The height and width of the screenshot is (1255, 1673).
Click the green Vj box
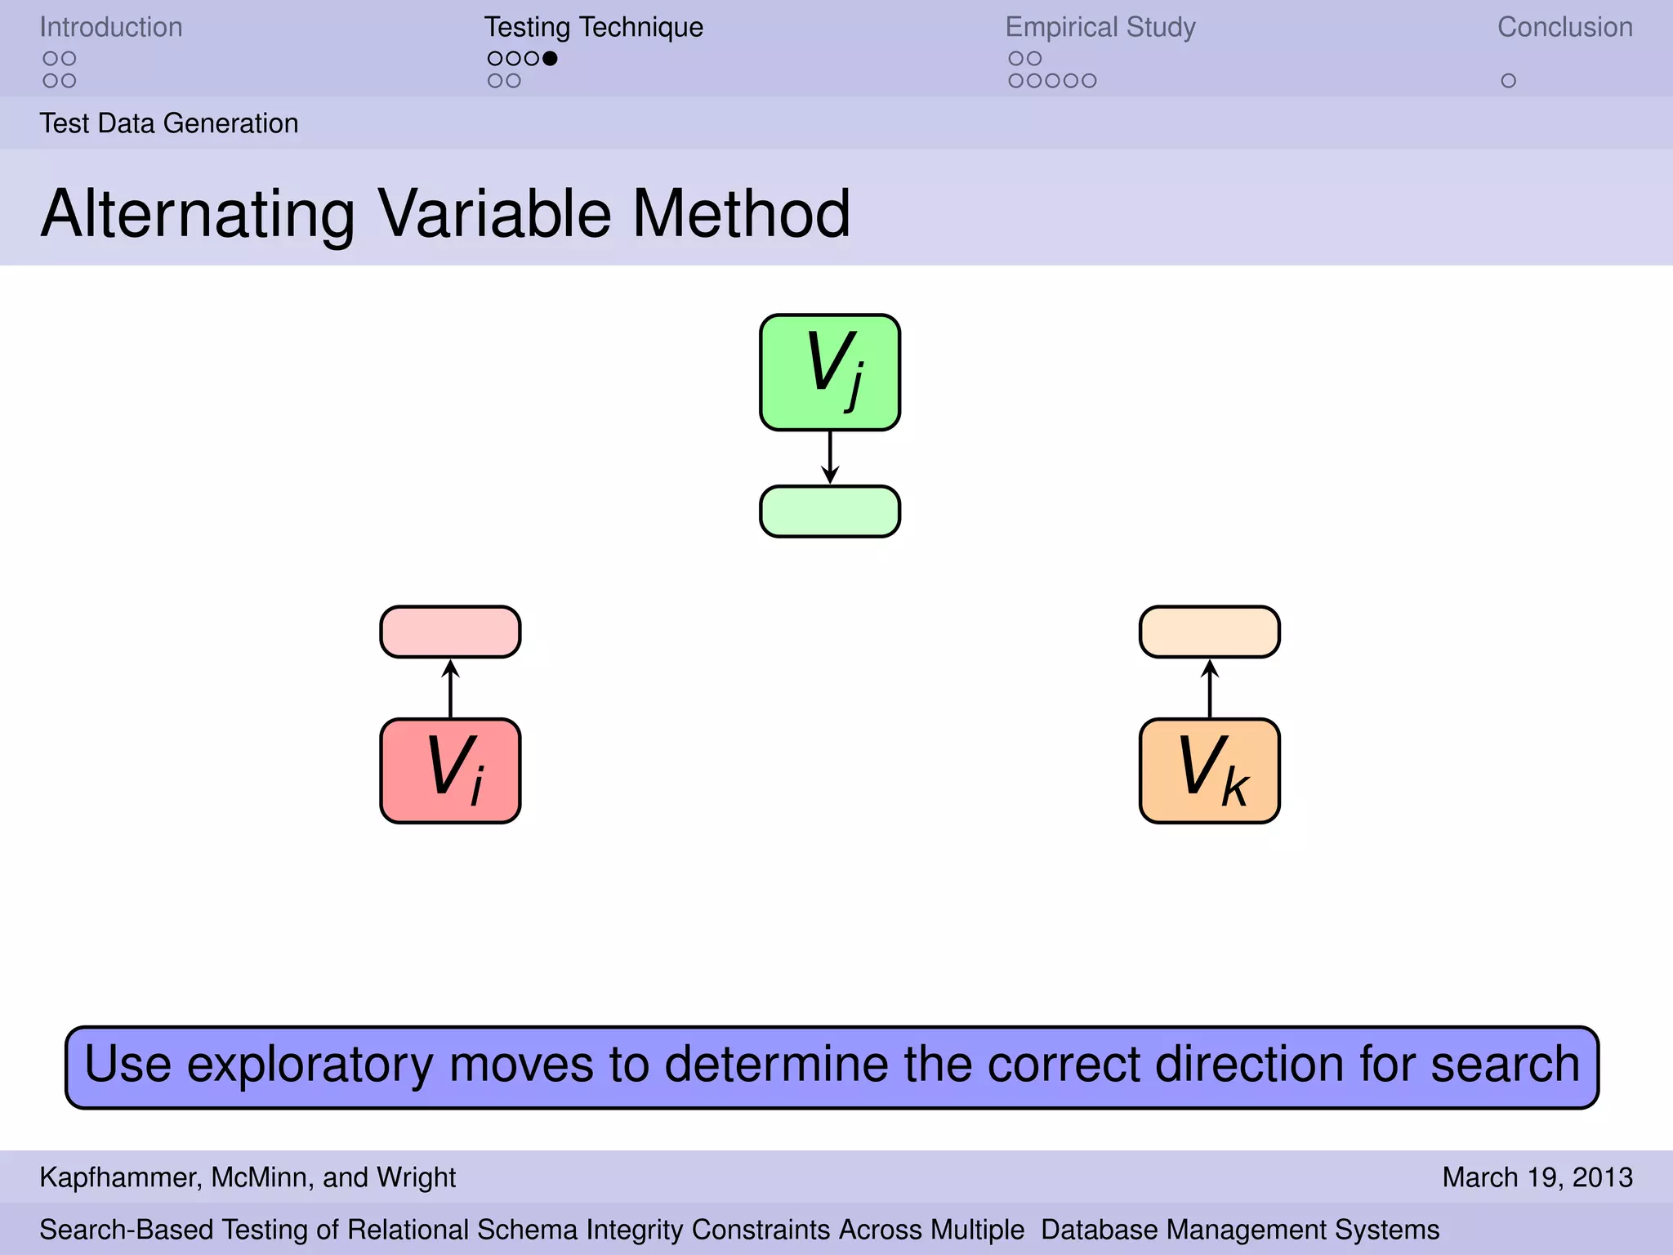click(x=830, y=372)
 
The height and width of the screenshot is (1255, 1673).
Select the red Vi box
click(x=450, y=770)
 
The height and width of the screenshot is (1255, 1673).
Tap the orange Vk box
click(x=1209, y=770)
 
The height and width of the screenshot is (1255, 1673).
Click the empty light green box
click(x=830, y=511)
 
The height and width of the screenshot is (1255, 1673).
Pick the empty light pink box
click(x=450, y=632)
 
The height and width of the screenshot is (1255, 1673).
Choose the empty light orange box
click(x=1209, y=632)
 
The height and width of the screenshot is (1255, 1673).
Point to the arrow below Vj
click(x=830, y=458)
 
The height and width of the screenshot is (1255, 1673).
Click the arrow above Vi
click(x=450, y=688)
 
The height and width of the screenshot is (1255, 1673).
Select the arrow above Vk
click(x=1209, y=688)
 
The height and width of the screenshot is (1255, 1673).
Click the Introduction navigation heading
click(x=111, y=27)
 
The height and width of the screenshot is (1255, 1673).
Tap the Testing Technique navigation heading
click(x=593, y=27)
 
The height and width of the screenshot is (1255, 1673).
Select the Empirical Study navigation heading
click(x=1100, y=27)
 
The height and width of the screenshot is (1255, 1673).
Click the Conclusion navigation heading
click(x=1564, y=27)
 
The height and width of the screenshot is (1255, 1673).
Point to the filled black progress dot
click(x=550, y=58)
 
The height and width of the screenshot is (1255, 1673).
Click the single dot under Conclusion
click(x=1508, y=81)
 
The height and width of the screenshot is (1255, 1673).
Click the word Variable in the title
click(x=494, y=214)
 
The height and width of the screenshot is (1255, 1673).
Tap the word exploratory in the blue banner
click(x=310, y=1065)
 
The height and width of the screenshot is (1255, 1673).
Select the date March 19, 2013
click(x=1537, y=1177)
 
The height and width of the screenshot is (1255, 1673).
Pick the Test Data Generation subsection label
click(x=169, y=123)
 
